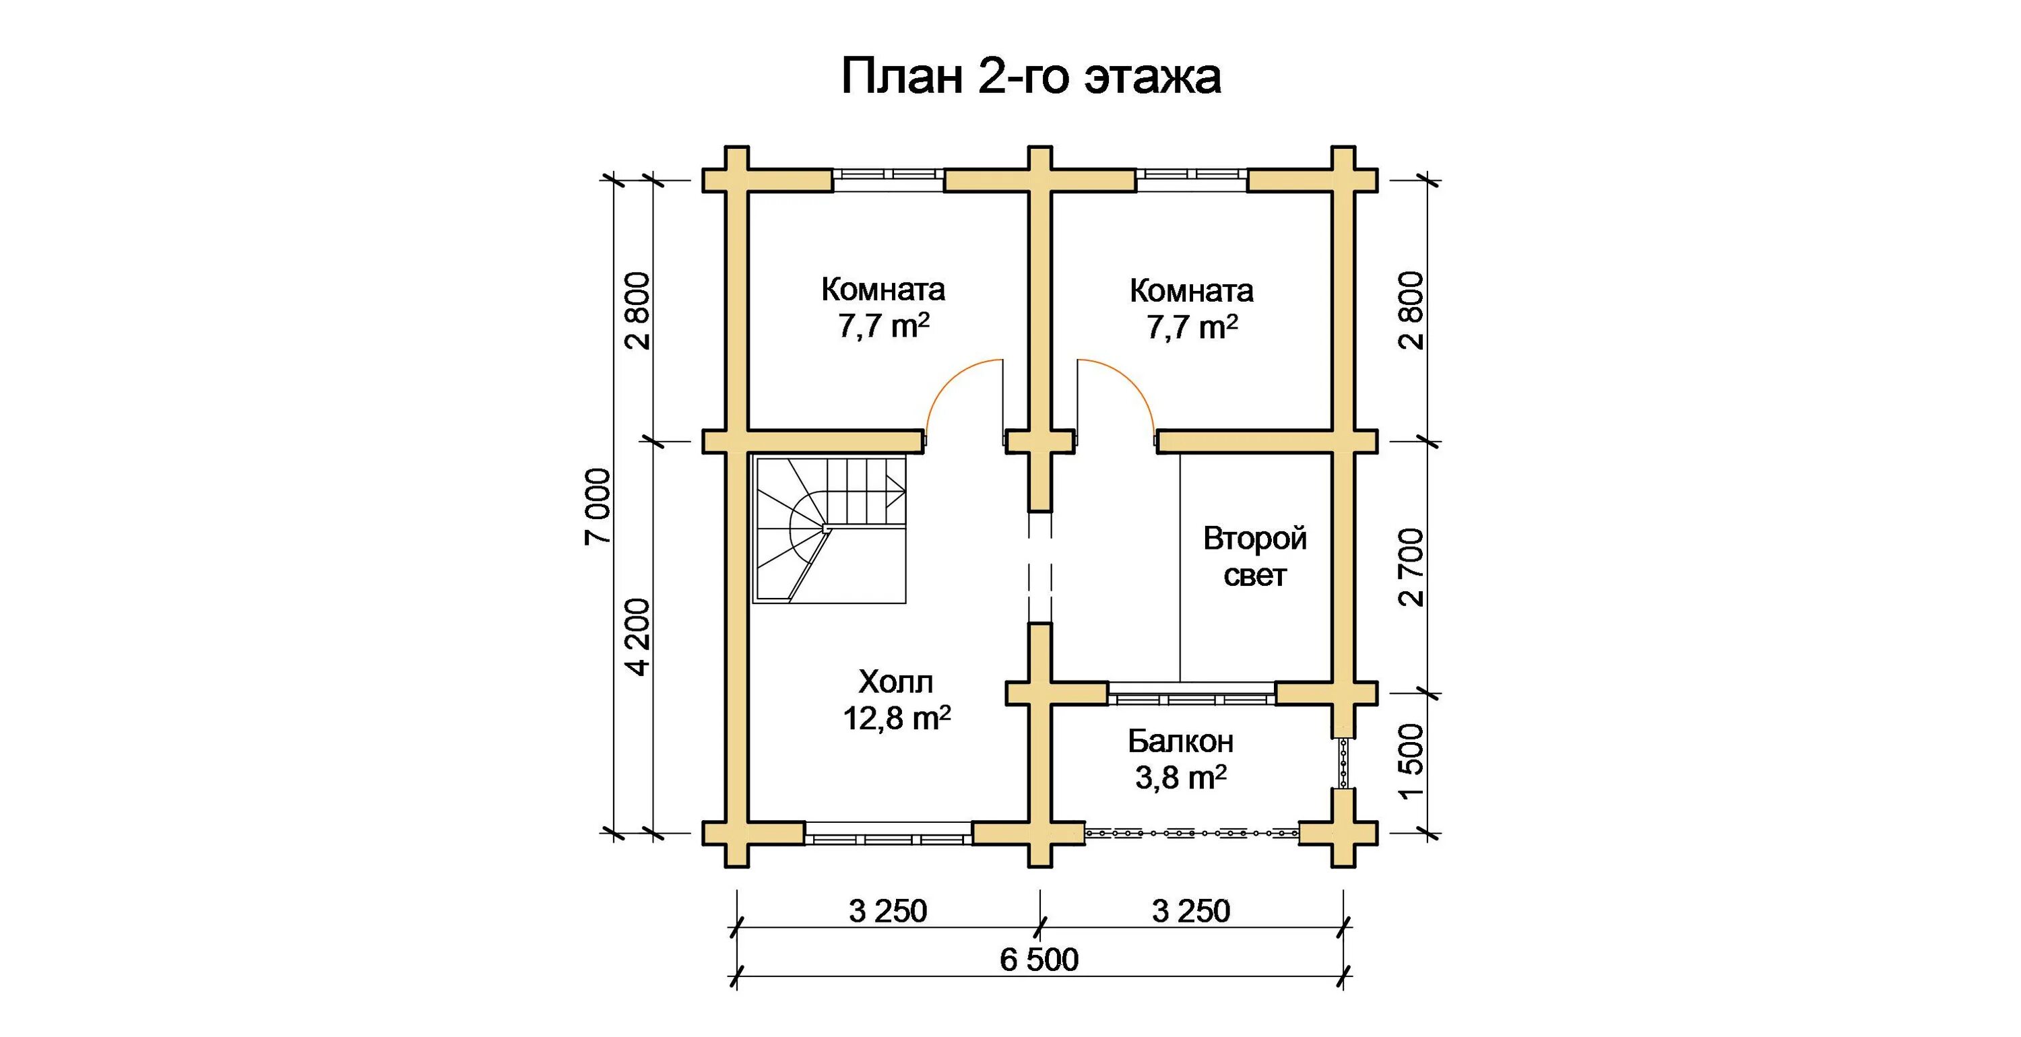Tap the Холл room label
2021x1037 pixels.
[x=896, y=681]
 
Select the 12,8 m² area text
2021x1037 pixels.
[x=897, y=717]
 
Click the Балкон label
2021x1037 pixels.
[x=1181, y=741]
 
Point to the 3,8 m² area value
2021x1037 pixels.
[x=1181, y=776]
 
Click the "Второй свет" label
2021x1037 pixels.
[x=1254, y=557]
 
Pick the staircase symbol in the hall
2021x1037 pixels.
[x=830, y=529]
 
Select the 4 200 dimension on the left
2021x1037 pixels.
[x=637, y=637]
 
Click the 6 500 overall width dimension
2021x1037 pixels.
[x=1039, y=960]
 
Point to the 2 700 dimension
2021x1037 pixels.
[x=1410, y=567]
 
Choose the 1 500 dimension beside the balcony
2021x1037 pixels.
[x=1410, y=761]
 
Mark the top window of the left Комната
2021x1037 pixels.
[x=888, y=180]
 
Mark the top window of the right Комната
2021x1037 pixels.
[x=1192, y=180]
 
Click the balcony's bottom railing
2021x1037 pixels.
[x=1192, y=833]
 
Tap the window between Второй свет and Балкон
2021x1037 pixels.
[x=1192, y=694]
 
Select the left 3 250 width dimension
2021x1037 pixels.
[x=888, y=910]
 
